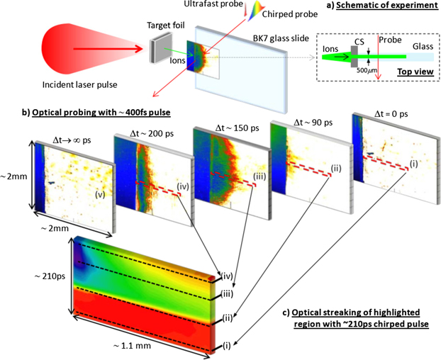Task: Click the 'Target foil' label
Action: click(x=163, y=25)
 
